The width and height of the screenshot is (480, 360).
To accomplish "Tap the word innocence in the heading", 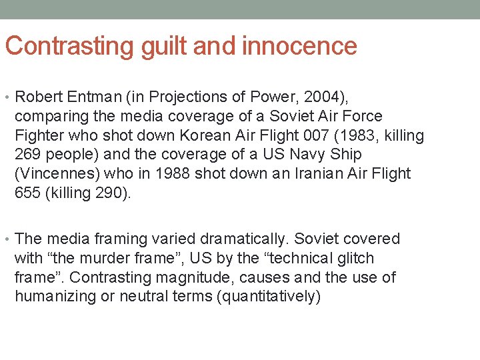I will point(300,46).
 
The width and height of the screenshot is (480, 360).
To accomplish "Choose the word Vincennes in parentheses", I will point(56,173).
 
